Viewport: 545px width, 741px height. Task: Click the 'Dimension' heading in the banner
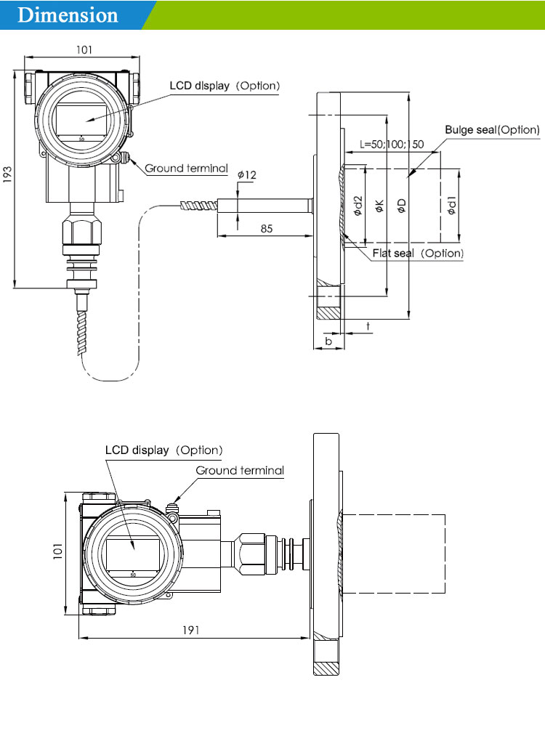tap(68, 15)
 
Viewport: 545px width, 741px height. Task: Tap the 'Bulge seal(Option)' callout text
tap(492, 130)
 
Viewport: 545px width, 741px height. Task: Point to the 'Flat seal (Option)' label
tap(418, 254)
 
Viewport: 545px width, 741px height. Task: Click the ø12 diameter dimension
tap(247, 175)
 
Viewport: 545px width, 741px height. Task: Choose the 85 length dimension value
tap(267, 229)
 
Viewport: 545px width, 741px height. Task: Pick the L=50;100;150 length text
tap(392, 144)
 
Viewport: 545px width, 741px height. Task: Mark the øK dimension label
tap(379, 206)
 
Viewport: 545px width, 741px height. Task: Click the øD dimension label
tap(401, 206)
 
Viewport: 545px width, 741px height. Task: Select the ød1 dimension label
tap(452, 206)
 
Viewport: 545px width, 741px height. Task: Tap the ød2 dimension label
tap(358, 206)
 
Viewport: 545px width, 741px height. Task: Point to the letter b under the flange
tap(328, 341)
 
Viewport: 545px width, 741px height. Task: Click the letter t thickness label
tap(368, 327)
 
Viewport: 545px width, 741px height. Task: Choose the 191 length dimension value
tap(191, 630)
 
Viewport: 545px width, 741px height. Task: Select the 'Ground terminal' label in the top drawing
tap(186, 169)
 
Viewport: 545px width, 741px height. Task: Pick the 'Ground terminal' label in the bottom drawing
tap(240, 470)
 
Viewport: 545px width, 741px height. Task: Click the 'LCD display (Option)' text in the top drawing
tap(225, 86)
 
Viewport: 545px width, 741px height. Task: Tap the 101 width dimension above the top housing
tap(84, 50)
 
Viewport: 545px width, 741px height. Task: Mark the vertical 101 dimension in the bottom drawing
tap(57, 551)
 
